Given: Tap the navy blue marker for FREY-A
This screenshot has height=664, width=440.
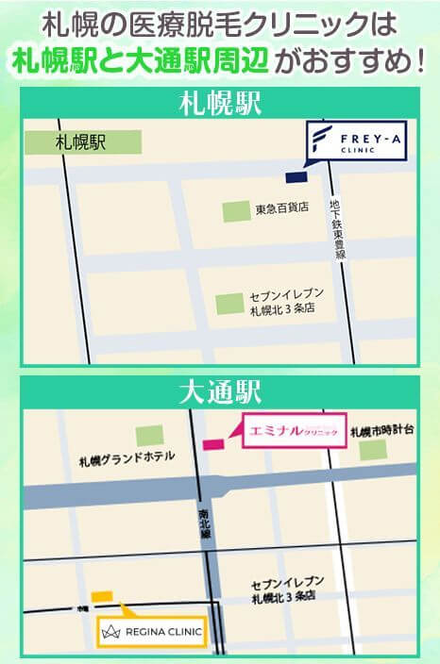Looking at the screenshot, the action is click(x=297, y=176).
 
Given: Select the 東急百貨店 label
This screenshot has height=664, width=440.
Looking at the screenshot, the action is click(x=281, y=208).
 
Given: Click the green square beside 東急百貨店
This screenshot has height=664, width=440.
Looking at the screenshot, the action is click(x=236, y=211).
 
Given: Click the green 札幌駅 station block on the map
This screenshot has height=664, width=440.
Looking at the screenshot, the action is click(x=84, y=142).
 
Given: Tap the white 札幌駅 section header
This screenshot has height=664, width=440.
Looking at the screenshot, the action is click(x=220, y=103).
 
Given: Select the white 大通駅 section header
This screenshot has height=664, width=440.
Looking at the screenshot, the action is click(x=220, y=390).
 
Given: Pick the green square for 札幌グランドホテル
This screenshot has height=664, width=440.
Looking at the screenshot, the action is click(x=149, y=435).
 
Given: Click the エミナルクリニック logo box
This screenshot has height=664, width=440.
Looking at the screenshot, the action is click(x=292, y=433).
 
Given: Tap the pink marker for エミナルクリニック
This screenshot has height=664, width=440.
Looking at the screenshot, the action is click(x=213, y=443).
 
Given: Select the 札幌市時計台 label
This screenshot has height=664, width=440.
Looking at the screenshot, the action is click(x=381, y=430).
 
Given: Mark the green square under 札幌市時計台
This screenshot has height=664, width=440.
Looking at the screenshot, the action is click(x=372, y=450).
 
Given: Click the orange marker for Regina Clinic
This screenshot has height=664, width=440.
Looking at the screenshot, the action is click(x=102, y=595).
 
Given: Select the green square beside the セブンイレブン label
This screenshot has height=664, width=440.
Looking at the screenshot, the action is click(x=229, y=304).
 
